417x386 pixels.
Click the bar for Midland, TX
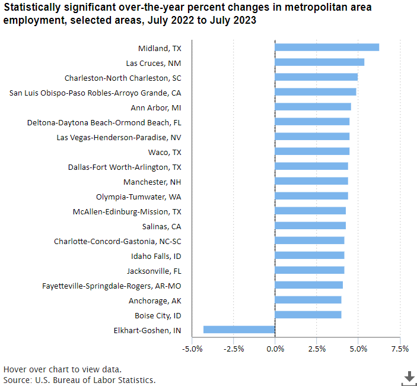click(327, 48)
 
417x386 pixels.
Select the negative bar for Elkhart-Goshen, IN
click(239, 330)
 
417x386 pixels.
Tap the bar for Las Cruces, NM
click(320, 62)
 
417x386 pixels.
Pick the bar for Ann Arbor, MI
click(313, 107)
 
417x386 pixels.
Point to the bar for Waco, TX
click(312, 151)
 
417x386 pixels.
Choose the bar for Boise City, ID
click(308, 315)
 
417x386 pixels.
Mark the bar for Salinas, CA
click(310, 226)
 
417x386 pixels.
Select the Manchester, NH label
click(152, 182)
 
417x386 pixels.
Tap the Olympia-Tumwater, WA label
click(139, 197)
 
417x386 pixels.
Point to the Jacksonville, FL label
click(154, 271)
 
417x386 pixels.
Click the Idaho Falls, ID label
click(156, 256)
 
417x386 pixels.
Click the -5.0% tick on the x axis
click(192, 349)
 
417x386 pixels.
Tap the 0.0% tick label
click(275, 349)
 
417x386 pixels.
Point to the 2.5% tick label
click(317, 349)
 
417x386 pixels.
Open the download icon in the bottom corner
click(409, 377)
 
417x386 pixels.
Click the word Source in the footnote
click(17, 379)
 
